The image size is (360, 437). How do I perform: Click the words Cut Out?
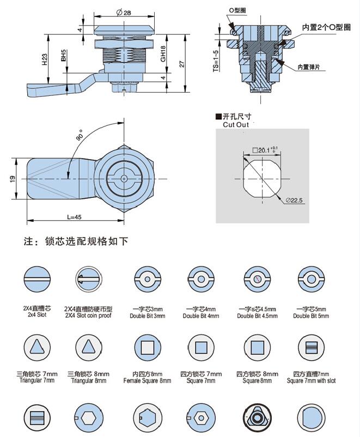(x=235, y=125)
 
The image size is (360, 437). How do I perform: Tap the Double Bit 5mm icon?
(x=310, y=279)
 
